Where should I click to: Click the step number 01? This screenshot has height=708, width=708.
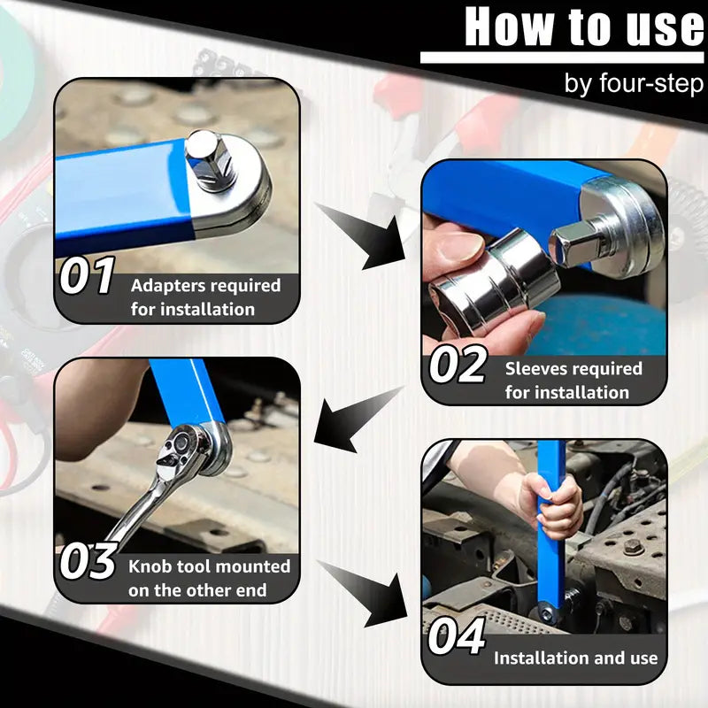pos(87,276)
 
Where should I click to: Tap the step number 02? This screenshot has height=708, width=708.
pos(457,366)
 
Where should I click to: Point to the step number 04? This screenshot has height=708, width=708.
pos(457,637)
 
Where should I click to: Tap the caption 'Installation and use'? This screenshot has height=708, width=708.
pos(575,658)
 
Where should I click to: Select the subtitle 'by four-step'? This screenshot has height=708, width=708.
pos(634,84)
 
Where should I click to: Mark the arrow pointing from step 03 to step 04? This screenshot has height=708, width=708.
pos(363,591)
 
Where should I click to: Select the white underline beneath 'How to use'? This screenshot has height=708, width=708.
pos(562,58)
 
